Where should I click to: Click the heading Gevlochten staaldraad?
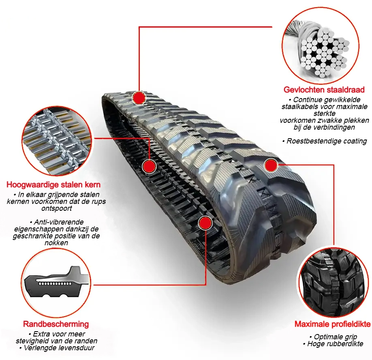tap(324, 90)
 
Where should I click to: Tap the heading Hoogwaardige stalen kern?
tap(53, 184)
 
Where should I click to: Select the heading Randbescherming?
tap(56, 324)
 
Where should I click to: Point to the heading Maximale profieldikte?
tap(332, 324)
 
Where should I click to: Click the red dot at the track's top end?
tap(139, 98)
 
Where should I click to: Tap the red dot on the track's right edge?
tap(271, 165)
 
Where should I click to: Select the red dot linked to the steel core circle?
tap(149, 166)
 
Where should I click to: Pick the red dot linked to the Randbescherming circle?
tap(205, 223)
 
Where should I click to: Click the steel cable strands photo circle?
tap(321, 45)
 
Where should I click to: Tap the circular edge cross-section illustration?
tap(56, 283)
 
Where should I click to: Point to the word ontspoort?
tap(57, 209)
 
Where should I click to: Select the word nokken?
tap(56, 243)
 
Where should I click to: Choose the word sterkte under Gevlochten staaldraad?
tap(325, 114)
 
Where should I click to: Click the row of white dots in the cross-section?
tap(55, 284)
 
